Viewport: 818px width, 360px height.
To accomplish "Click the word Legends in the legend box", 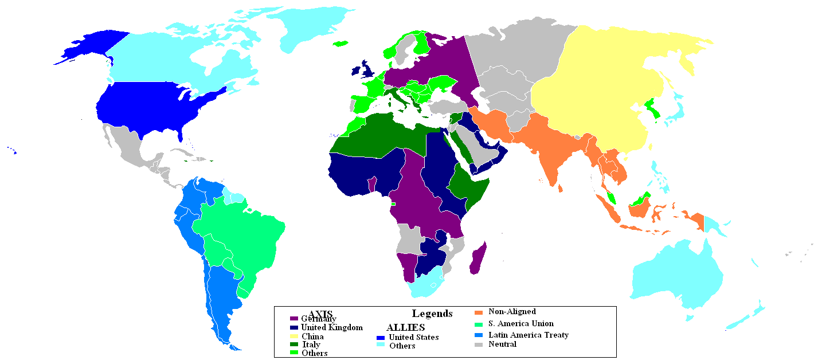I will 432,314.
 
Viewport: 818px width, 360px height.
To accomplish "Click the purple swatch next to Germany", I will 294,318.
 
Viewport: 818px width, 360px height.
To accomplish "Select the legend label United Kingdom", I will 332,327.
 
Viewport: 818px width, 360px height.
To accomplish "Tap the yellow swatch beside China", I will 294,336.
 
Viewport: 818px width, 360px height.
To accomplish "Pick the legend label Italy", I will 311,345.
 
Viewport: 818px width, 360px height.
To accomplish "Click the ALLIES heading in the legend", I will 405,327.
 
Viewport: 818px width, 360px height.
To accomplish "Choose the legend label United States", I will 413,337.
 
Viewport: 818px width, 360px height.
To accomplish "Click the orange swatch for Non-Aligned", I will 479,312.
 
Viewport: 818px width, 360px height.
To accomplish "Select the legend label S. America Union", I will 520,323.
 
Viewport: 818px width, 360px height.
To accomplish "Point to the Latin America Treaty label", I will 528,335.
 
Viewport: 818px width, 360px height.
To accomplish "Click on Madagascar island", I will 478,259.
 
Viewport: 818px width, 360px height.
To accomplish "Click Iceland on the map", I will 340,44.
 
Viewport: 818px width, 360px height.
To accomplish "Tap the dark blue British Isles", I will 367,69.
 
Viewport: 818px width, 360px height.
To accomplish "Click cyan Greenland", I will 310,29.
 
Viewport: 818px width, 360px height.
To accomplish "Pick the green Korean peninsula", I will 652,109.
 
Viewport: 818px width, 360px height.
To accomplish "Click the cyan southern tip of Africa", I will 427,285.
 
